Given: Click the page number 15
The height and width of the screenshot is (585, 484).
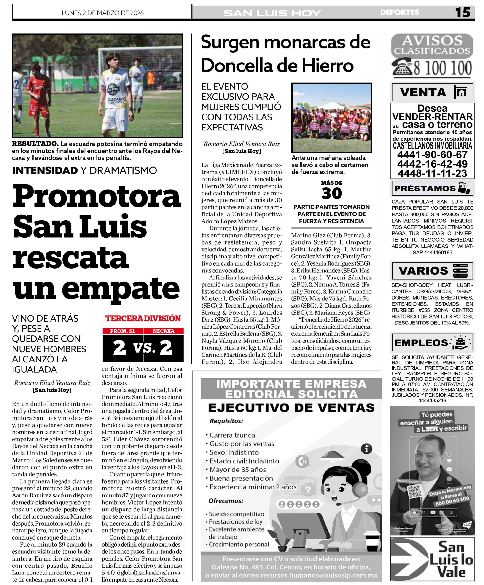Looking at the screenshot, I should click(462, 13).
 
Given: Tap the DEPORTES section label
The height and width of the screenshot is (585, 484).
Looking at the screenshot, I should click(399, 13).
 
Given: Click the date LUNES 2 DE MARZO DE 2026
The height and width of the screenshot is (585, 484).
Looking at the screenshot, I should click(103, 13).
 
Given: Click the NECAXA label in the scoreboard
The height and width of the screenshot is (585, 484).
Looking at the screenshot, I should click(164, 331).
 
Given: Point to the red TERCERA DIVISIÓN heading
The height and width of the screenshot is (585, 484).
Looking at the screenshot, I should click(143, 318).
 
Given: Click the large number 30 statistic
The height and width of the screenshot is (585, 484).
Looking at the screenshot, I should click(331, 193).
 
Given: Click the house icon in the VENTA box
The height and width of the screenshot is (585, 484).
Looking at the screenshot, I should click(461, 92).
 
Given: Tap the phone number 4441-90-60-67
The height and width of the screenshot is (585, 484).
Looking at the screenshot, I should click(432, 155).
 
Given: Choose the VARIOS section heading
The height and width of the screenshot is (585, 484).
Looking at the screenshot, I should click(423, 271).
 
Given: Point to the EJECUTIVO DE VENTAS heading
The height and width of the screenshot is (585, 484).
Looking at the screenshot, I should click(291, 408).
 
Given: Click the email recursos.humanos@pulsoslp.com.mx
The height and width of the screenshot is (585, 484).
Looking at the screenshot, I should click(319, 575).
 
